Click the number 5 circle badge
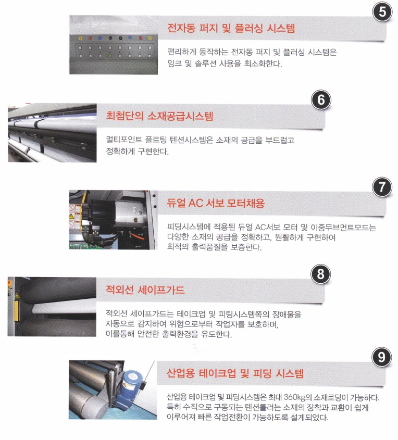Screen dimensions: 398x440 coord(382,12)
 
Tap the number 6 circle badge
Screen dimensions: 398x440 coord(321,100)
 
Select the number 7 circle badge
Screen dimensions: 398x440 coord(382,187)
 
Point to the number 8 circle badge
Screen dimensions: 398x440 coord(321,274)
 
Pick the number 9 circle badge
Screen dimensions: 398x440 coord(381,357)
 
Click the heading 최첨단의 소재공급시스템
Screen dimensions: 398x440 coord(160,116)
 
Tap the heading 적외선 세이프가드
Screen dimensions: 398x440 coord(145,290)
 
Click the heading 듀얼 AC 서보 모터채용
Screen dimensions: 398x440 coord(216,203)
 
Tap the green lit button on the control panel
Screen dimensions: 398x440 coord(110,56)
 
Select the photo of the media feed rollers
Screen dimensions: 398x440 coord(52,133)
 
